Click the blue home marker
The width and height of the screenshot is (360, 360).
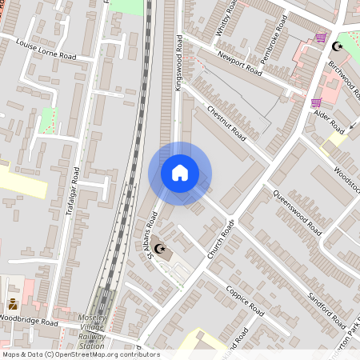coord(180,173)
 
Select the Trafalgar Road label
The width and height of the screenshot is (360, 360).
coord(72,191)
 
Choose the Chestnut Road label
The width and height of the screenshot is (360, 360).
coord(225,122)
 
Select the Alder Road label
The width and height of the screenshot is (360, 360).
coord(329,121)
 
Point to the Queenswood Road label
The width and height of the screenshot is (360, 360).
coord(297,211)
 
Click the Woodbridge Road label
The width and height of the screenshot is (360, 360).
coord(30,322)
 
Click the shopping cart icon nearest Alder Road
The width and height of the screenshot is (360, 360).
coord(316,102)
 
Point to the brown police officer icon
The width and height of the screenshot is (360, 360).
coord(14,304)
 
